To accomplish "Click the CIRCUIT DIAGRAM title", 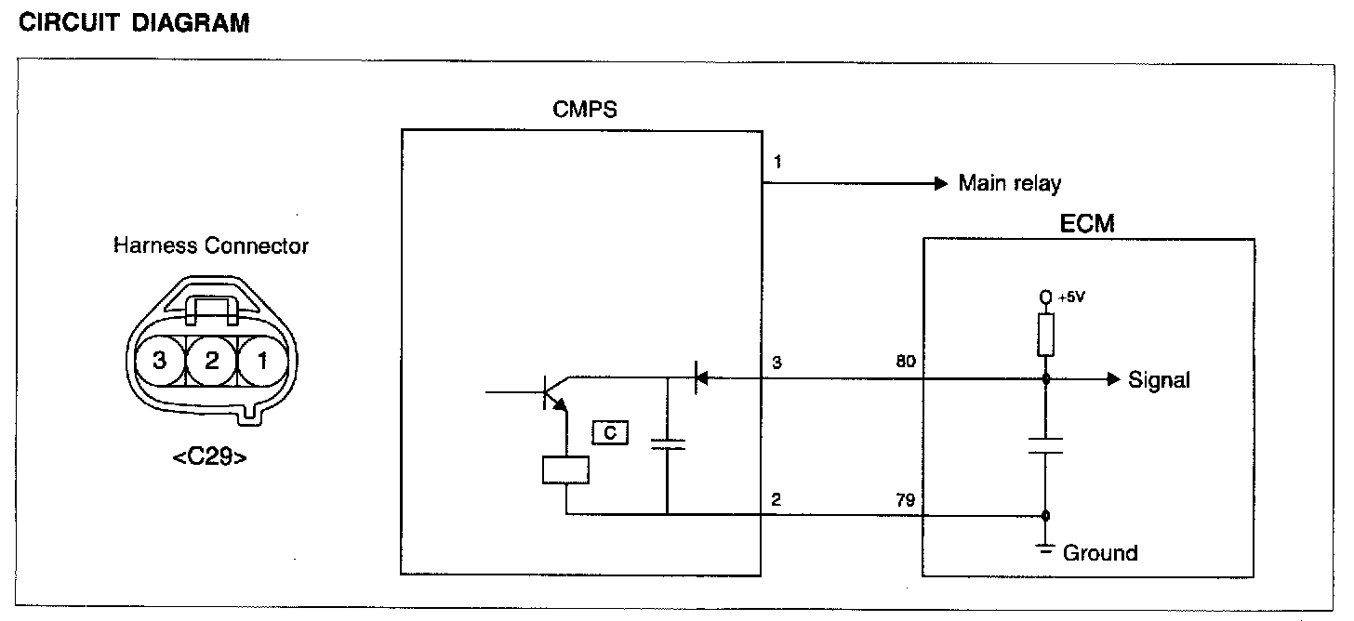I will [134, 24].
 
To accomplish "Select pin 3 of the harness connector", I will [159, 361].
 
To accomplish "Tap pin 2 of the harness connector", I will [211, 361].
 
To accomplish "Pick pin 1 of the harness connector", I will [262, 361].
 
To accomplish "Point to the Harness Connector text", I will [210, 246].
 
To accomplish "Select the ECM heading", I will [1087, 223].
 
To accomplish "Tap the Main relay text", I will [1009, 183].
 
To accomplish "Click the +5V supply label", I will [1071, 297].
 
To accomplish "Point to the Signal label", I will [1159, 379].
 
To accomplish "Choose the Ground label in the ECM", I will [1099, 553].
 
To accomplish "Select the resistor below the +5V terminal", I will [1046, 336].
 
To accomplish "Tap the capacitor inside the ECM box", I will [1046, 445].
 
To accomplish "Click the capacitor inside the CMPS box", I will [668, 443].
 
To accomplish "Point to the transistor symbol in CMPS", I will [554, 394].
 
